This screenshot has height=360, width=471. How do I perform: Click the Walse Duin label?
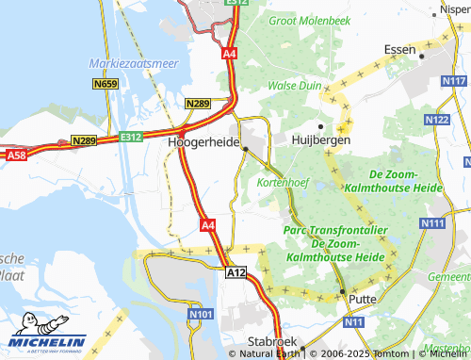(x=296, y=85)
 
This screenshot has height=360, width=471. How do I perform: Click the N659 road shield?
(x=106, y=84)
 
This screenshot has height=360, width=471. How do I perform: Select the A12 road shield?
(x=235, y=271)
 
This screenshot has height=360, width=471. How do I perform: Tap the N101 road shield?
(x=201, y=314)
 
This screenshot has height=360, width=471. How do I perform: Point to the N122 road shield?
(x=436, y=121)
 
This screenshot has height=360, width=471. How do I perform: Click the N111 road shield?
(x=432, y=222)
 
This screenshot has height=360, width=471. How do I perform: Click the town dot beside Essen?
(x=423, y=57)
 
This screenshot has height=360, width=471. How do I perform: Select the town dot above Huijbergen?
(x=320, y=125)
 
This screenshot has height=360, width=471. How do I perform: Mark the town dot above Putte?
(x=344, y=289)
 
